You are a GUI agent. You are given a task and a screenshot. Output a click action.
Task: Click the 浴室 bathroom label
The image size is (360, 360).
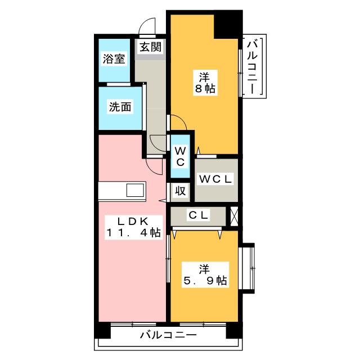(x=114, y=59)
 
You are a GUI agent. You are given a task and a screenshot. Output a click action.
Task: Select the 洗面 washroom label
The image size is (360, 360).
(x=120, y=107)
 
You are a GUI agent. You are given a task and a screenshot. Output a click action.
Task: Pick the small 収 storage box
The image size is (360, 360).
(x=180, y=191)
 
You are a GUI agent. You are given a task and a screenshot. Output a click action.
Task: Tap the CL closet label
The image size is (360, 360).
(x=199, y=214)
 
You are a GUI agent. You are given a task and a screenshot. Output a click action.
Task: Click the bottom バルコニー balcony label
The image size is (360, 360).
(x=168, y=335)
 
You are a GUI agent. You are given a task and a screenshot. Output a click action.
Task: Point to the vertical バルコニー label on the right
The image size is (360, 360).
(x=254, y=66)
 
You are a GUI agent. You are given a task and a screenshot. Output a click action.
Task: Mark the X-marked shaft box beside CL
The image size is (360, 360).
(x=233, y=215)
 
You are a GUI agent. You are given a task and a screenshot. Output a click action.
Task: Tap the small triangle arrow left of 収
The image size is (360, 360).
(x=163, y=200)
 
